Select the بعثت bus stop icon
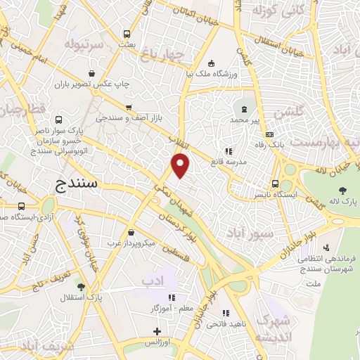127,33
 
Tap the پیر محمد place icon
245,110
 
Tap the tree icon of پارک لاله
342,190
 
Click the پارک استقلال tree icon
82,287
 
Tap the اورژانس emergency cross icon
156,331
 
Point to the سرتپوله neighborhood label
84,44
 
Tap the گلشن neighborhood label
290,112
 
